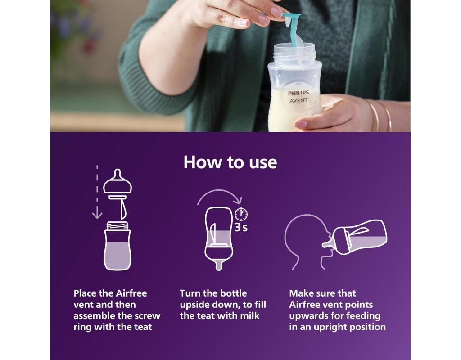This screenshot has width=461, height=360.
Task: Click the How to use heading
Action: pos(230,162)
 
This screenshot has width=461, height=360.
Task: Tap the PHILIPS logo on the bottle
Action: pos(298,93)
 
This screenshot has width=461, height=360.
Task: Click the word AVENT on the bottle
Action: pos(298,100)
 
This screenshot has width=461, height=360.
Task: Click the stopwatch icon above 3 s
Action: pos(241,214)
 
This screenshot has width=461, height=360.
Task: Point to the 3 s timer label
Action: pos(241,227)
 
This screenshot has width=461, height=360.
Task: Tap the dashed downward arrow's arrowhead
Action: pos(97,215)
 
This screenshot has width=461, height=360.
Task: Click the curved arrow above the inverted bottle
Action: pos(220,196)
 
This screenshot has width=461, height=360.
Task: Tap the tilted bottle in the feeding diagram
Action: pos(356,237)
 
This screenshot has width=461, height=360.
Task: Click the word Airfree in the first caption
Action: pos(131,293)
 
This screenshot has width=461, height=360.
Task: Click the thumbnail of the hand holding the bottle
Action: pos(300,125)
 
